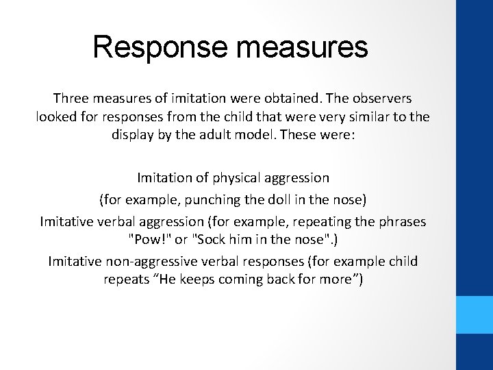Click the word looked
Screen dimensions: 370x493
[x=55, y=117]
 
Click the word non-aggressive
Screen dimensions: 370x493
[x=138, y=262]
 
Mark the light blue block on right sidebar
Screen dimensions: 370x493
[x=475, y=314]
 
